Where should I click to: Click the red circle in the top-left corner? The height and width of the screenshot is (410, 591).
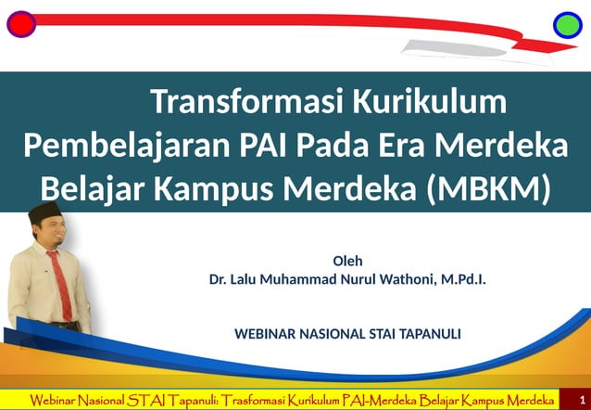(x=20, y=23)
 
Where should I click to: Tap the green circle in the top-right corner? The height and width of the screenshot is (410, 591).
(x=567, y=24)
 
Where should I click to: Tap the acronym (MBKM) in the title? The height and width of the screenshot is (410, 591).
(x=489, y=188)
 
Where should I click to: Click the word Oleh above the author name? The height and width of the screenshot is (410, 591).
(x=347, y=261)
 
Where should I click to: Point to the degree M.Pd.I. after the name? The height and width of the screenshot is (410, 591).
(x=461, y=279)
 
